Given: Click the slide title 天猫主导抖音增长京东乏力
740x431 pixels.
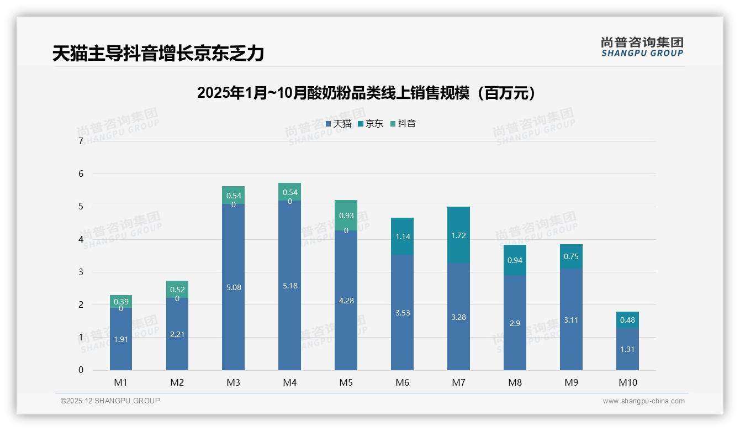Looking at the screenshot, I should coord(158,54).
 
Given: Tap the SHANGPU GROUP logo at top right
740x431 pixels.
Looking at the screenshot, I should coord(642,46).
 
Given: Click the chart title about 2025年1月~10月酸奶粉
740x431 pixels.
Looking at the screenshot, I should coord(366,93).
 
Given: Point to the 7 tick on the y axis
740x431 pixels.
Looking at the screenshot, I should coord(81,141).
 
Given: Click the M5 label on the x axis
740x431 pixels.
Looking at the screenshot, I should coord(346,382).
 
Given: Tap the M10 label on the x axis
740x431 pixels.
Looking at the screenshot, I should coord(627,382).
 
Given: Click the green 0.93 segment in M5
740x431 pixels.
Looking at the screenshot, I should coord(346,215).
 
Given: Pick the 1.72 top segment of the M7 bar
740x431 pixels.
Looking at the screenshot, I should coord(458,235).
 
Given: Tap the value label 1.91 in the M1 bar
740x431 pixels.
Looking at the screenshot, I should coord(121,339).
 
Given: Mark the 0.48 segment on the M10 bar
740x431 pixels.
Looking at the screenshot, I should coord(627,320).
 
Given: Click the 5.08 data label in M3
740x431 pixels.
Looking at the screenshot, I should coord(233,287).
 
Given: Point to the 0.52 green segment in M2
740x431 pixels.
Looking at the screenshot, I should coord(177,289).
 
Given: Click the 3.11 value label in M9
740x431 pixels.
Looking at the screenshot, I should coord(571,320).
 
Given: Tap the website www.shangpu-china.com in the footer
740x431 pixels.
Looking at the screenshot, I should coord(643,401).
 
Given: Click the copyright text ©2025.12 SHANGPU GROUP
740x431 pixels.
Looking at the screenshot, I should coord(110,401).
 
